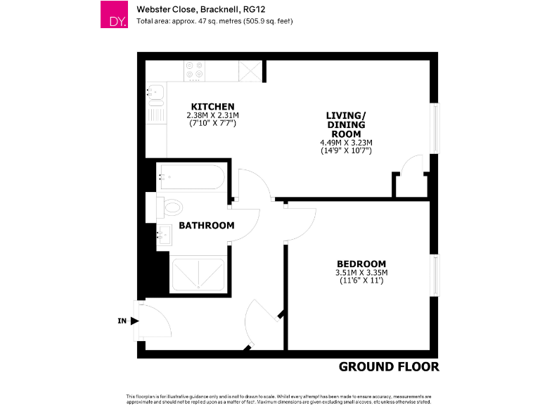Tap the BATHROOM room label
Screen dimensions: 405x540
[206, 226]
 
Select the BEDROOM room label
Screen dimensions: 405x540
[361, 264]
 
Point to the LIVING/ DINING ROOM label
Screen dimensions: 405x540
[345, 124]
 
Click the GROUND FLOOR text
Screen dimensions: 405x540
[388, 367]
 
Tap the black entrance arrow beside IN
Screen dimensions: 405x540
[134, 321]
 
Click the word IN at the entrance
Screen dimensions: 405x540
[122, 321]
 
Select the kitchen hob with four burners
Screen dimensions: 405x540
[195, 71]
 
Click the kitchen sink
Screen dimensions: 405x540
[155, 93]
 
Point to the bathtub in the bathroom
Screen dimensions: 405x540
[190, 177]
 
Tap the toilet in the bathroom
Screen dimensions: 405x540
[169, 207]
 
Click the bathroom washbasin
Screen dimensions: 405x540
[164, 233]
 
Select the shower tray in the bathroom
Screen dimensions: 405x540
[198, 274]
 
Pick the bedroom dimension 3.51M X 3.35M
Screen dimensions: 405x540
[361, 273]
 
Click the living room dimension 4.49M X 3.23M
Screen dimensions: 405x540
[345, 143]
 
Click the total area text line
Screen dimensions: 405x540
[214, 21]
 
